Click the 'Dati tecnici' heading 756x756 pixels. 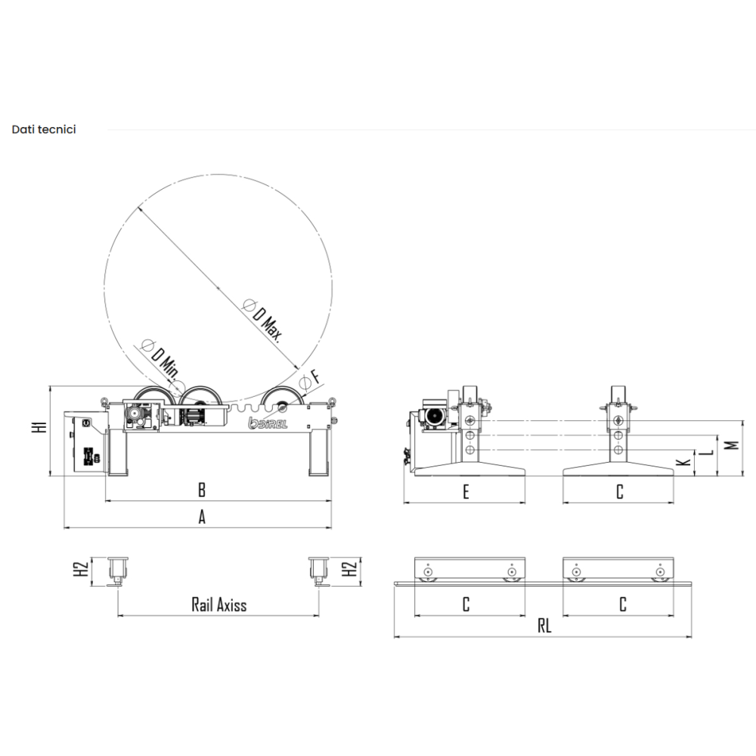tap(44, 129)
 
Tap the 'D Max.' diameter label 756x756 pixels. tap(263, 320)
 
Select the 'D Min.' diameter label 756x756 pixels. tap(160, 358)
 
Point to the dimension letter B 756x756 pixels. tap(202, 490)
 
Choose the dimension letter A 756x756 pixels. tap(202, 517)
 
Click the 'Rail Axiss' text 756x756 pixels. tap(219, 605)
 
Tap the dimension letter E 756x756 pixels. tap(466, 492)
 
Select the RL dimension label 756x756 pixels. tap(544, 626)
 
